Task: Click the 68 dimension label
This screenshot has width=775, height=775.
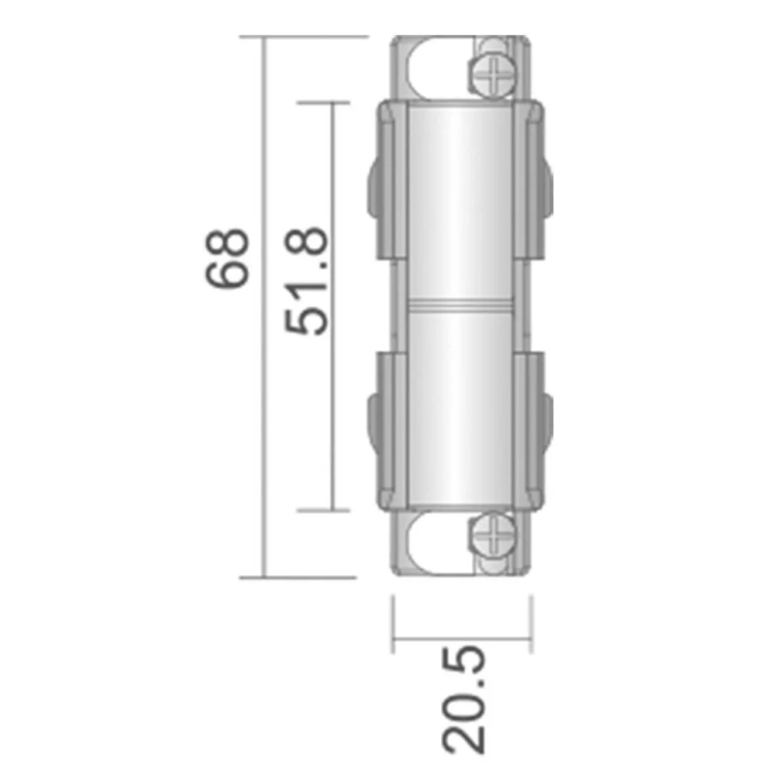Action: coord(227,258)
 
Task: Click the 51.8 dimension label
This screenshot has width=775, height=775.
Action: coord(306,281)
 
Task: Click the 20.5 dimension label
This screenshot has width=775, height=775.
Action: coord(463,699)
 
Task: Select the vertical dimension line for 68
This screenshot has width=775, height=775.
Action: coord(264,307)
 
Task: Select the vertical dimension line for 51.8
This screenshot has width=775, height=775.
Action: coord(332,306)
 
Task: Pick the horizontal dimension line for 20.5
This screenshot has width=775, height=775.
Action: coord(462,639)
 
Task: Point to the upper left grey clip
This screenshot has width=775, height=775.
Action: coord(388,180)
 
